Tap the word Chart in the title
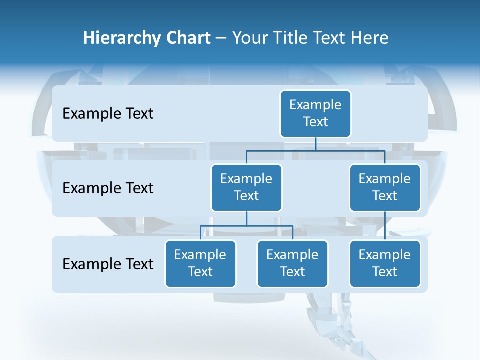pos(188,38)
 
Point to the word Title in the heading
pos(292,38)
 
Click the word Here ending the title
pos(370,38)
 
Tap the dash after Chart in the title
pos(221,38)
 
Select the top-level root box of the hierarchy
pos(315,113)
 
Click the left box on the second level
pos(246,187)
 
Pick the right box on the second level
pos(385,187)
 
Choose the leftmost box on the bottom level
pos(200,263)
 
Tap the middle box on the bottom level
pos(292,263)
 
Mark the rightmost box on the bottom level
pos(385,263)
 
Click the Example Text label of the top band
pos(108,114)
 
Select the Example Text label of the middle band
pos(108,188)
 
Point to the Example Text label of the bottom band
pos(108,264)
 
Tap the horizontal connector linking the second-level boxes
pos(350,150)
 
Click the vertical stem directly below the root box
pos(315,144)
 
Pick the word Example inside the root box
pos(315,105)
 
